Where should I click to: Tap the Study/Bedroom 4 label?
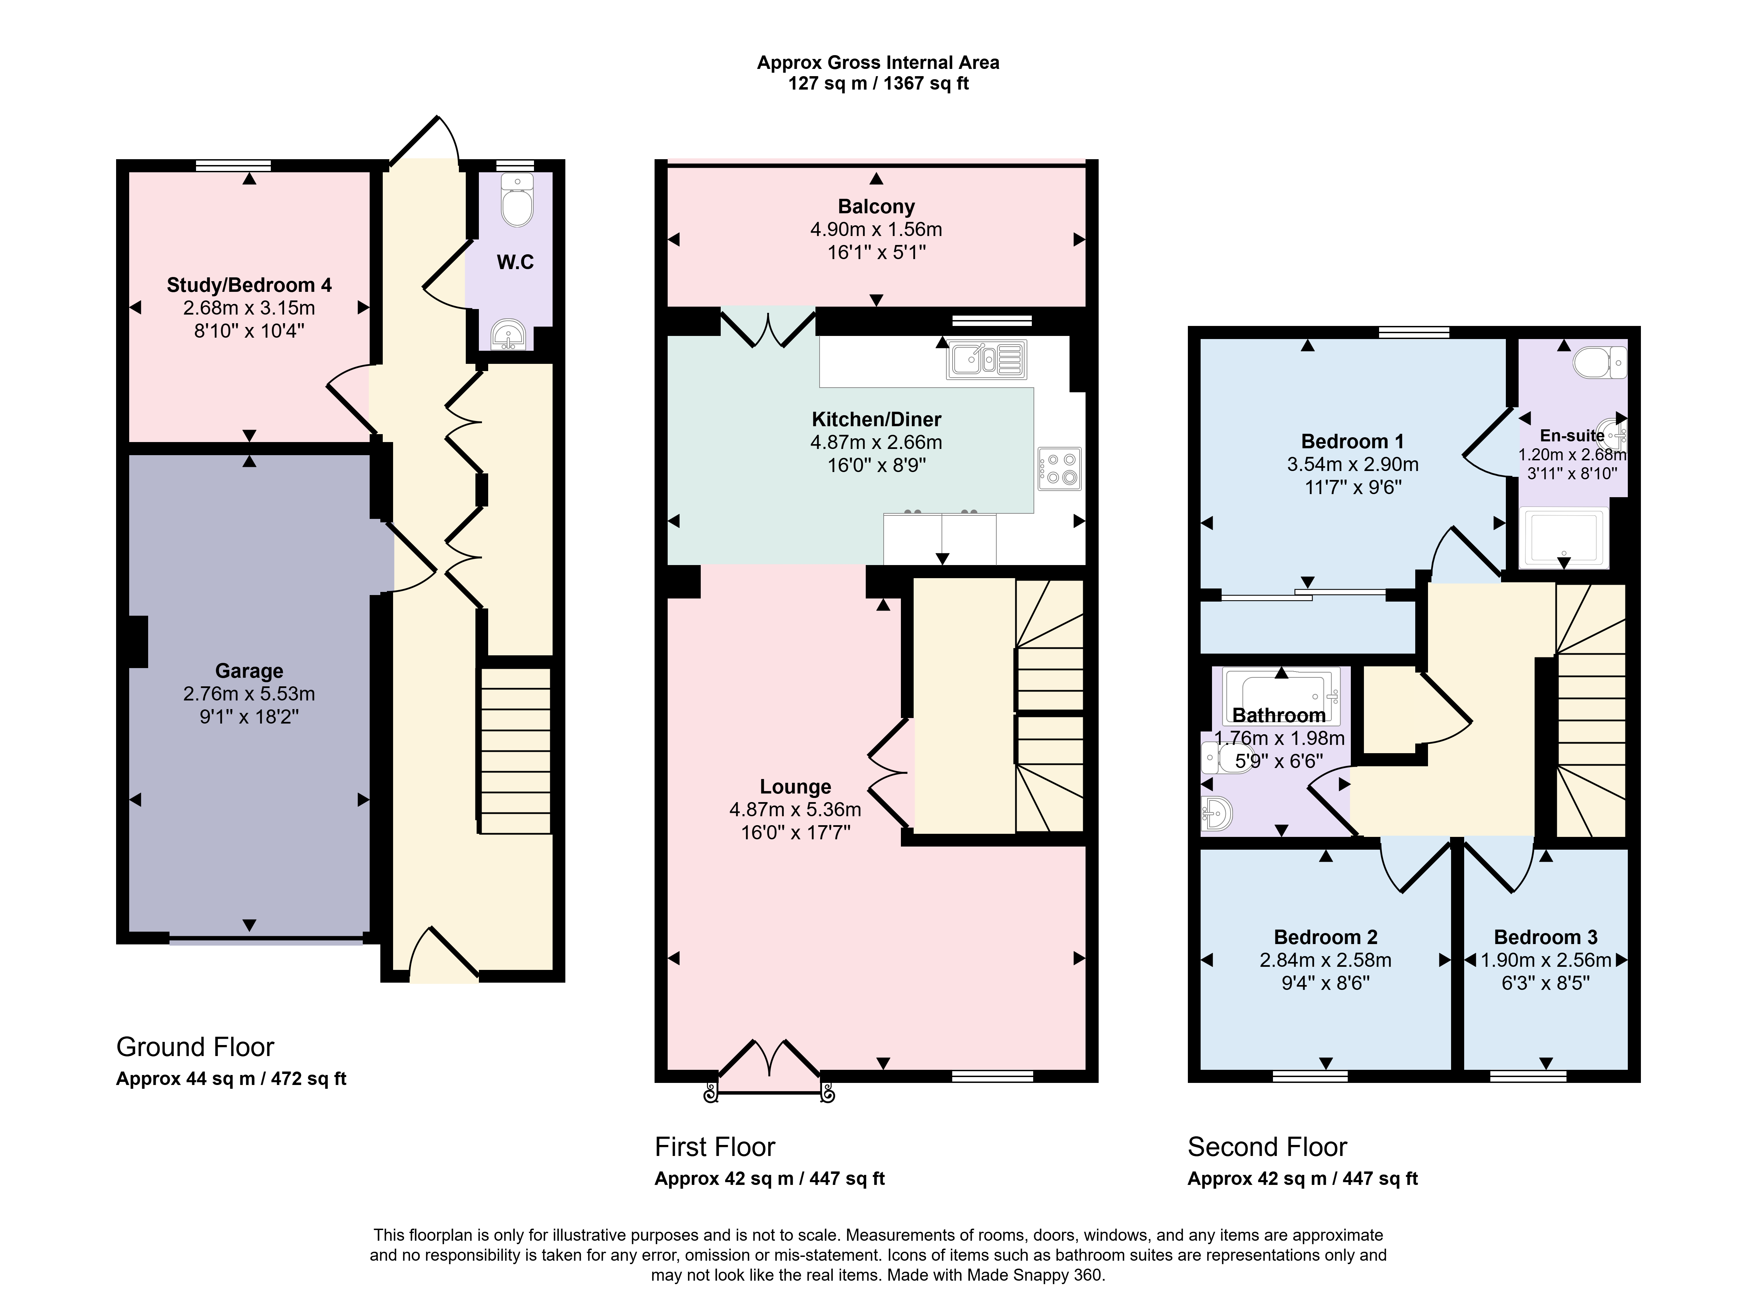pos(249,285)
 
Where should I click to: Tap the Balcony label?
pos(876,207)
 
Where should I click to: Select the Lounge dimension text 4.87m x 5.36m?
pos(795,809)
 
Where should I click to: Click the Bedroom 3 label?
pos(1545,937)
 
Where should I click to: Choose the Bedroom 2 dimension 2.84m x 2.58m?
pos(1325,960)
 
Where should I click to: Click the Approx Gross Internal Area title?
pos(878,63)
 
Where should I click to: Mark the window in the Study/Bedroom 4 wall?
pos(233,166)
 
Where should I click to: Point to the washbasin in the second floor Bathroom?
pos(1216,813)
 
